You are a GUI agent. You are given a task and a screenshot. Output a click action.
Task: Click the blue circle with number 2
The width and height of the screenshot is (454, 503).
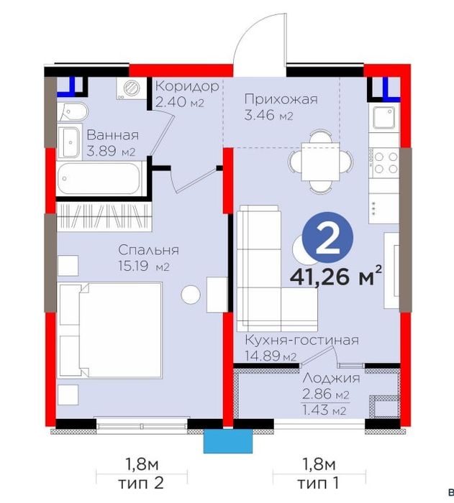pyautogui.click(x=328, y=238)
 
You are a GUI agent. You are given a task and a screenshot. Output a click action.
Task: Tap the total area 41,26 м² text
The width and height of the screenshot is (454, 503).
pyautogui.click(x=336, y=277)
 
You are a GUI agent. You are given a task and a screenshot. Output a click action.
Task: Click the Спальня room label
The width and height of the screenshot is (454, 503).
pyautogui.click(x=148, y=250)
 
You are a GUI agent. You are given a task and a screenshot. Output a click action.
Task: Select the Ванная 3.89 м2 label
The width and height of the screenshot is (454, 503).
pyautogui.click(x=112, y=143)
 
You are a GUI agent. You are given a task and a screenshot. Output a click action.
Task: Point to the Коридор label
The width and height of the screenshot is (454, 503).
pyautogui.click(x=187, y=86)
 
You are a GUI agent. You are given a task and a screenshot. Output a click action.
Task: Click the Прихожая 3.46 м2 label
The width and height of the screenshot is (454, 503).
pyautogui.click(x=281, y=107)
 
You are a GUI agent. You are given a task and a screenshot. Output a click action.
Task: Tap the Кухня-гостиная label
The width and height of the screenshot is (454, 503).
pyautogui.click(x=301, y=340)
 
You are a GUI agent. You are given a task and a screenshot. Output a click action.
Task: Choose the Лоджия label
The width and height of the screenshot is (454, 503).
pyautogui.click(x=331, y=378)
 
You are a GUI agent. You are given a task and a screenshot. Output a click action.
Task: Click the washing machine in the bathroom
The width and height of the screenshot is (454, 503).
pyautogui.click(x=131, y=88)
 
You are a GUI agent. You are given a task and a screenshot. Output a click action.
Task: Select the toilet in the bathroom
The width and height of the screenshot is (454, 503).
pyautogui.click(x=73, y=112)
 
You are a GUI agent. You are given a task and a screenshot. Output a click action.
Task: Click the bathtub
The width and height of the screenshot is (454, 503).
pyautogui.click(x=99, y=178)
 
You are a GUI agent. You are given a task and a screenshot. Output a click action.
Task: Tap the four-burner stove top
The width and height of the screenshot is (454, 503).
pyautogui.click(x=385, y=163)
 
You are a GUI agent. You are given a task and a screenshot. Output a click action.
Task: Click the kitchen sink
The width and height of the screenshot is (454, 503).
pyautogui.click(x=383, y=117)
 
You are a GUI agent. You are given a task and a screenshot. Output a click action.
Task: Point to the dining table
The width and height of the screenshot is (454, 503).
pyautogui.click(x=320, y=162)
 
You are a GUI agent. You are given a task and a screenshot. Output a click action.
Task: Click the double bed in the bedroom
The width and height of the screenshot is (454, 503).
pyautogui.click(x=110, y=330)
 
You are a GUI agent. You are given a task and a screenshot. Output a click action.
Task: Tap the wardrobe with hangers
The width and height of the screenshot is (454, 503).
pyautogui.click(x=104, y=216)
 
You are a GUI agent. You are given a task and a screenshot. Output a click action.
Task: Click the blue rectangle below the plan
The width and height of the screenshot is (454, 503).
pyautogui.click(x=228, y=441)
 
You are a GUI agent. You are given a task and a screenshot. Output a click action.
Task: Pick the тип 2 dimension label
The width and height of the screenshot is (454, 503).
pyautogui.click(x=141, y=483)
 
